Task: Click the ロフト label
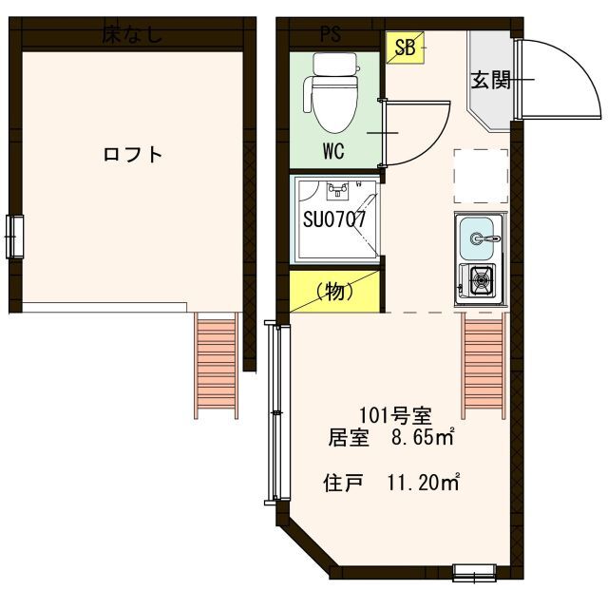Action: [132, 155]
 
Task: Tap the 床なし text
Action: [132, 36]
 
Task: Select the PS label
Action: [330, 36]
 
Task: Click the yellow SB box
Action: [405, 48]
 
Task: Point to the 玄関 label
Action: [491, 81]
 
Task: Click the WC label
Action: [332, 151]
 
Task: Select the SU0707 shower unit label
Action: [334, 219]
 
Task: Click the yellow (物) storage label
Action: [334, 292]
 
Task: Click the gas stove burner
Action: [479, 279]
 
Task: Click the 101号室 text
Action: [394, 415]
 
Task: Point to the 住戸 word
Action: [343, 483]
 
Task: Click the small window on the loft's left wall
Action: [14, 236]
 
